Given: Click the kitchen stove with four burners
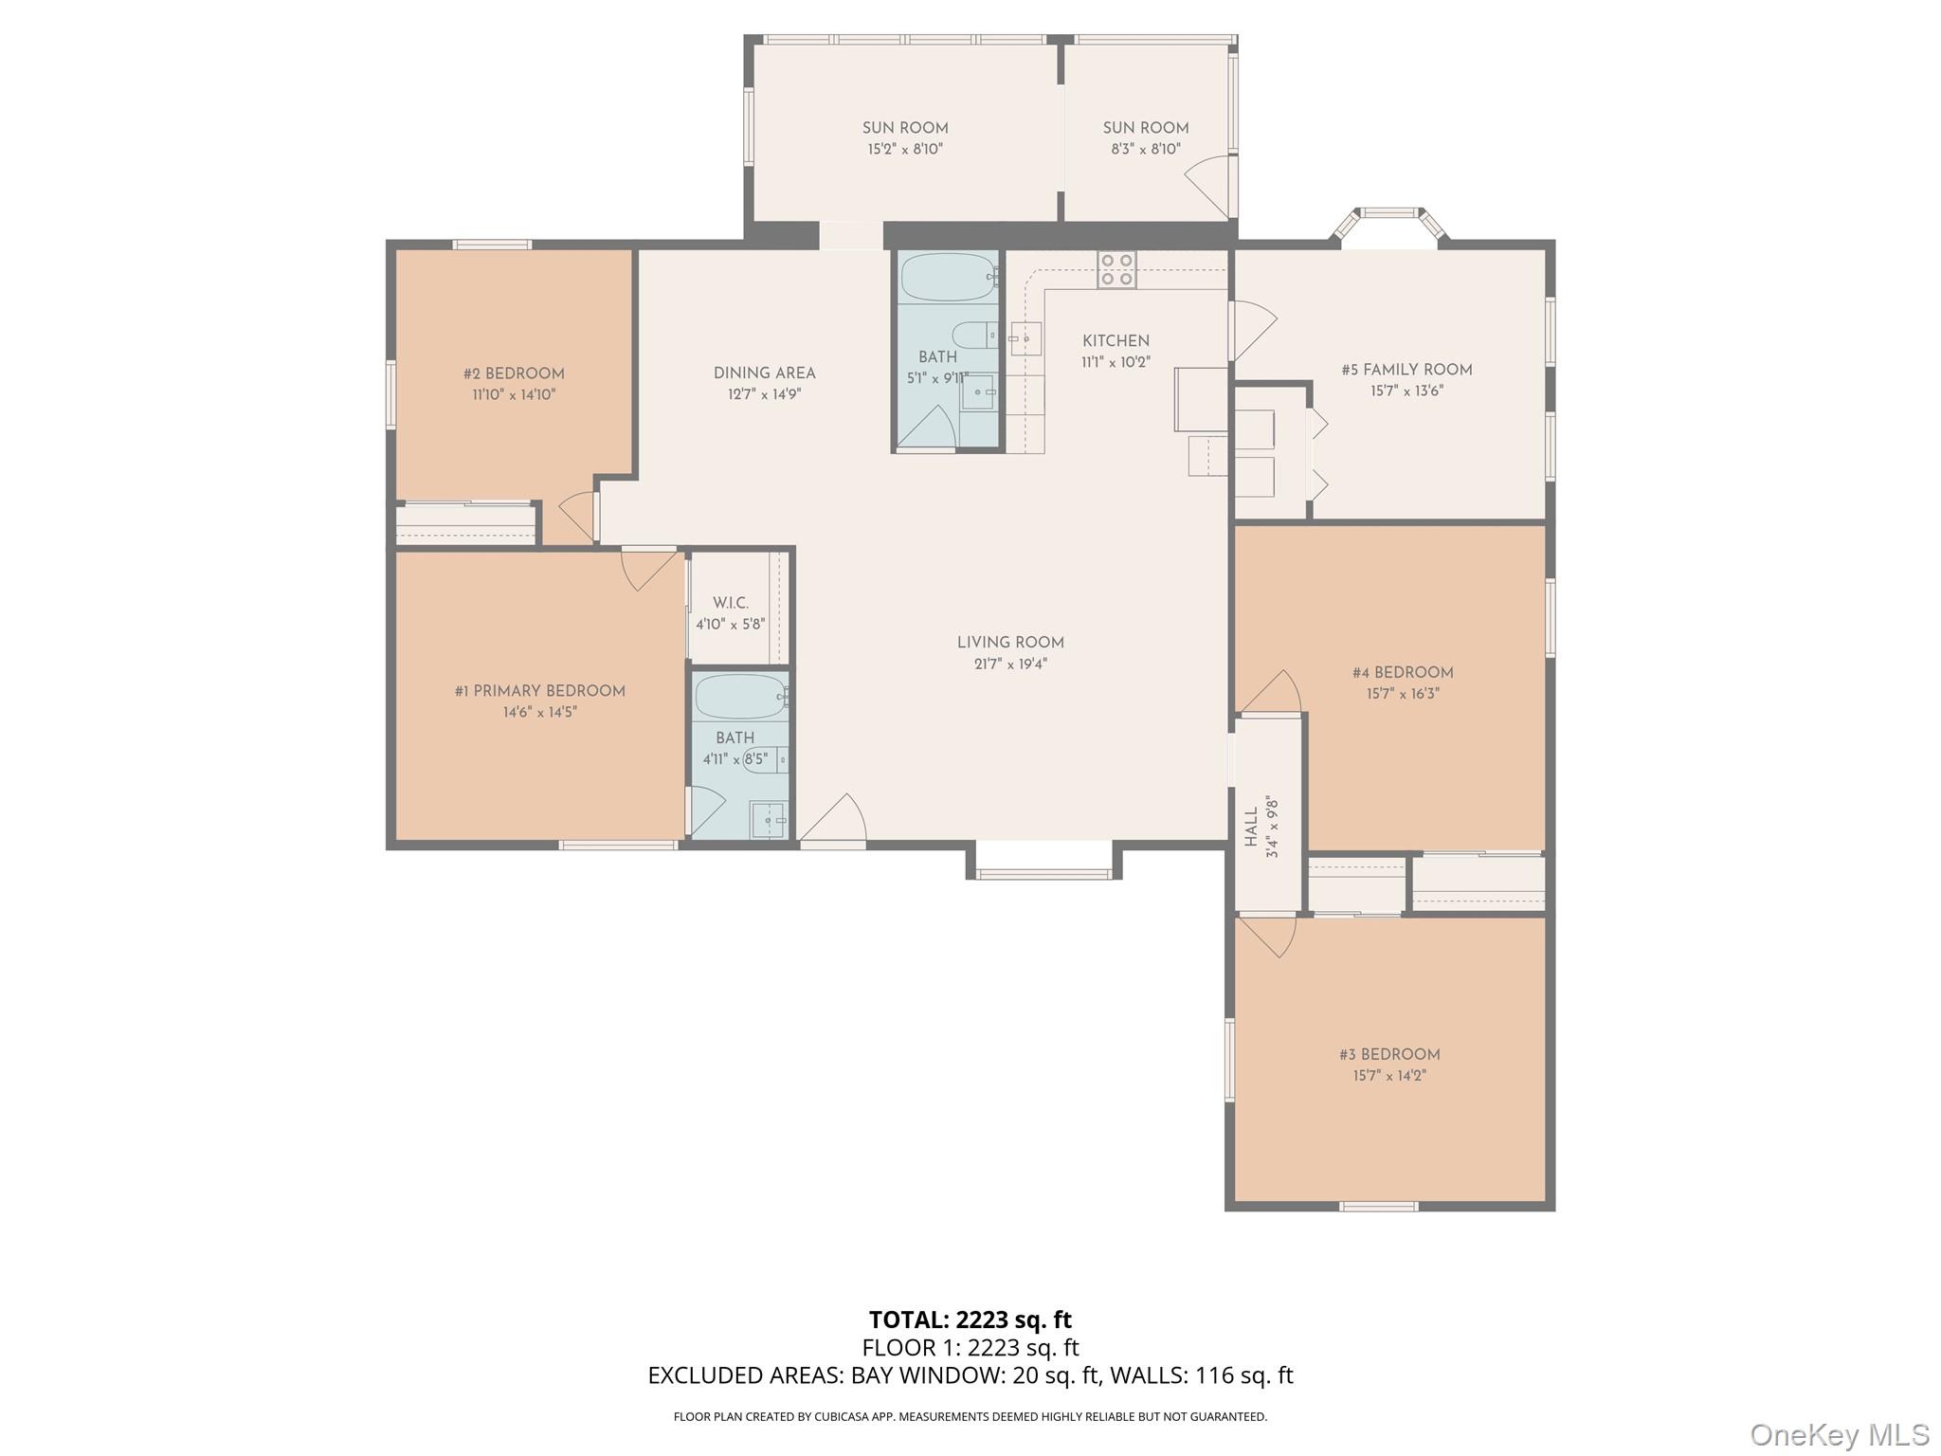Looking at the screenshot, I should (x=1116, y=269).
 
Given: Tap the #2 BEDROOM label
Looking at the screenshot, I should (x=514, y=373).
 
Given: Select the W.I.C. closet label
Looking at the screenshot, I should (x=731, y=603).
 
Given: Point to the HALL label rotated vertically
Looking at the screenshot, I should (x=1251, y=827).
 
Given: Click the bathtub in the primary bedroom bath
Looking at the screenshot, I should (x=740, y=698).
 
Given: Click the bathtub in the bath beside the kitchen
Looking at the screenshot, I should (x=946, y=277).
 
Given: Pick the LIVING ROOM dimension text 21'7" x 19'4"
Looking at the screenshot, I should (x=1010, y=664).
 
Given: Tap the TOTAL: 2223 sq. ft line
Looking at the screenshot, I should (x=970, y=1319).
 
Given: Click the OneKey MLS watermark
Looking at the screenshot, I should (x=1839, y=1434).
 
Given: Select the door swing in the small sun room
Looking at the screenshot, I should (x=1206, y=186).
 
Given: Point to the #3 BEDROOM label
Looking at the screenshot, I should (x=1389, y=1054).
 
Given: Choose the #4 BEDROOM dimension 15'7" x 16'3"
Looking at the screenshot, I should (x=1403, y=694).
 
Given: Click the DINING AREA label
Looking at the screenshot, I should (x=764, y=373).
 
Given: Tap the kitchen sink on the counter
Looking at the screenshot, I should (x=1025, y=338).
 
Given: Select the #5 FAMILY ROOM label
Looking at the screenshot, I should (x=1406, y=370).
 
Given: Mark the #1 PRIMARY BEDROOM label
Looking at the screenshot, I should (x=539, y=691).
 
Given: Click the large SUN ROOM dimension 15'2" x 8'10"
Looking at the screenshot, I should (x=905, y=149).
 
